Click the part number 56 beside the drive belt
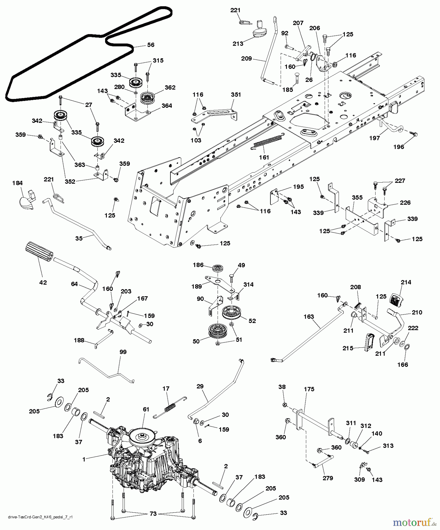click(151, 45)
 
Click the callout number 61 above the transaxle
click(146, 409)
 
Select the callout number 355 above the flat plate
click(357, 198)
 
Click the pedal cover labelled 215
click(369, 342)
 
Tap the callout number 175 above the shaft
click(309, 389)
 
